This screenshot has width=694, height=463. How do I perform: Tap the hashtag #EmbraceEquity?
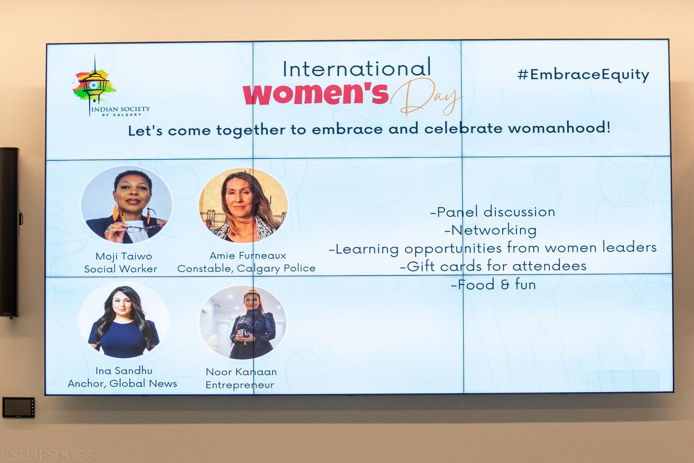point(583,75)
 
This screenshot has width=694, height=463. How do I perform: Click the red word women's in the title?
point(316,94)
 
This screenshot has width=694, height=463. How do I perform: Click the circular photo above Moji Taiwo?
point(126,205)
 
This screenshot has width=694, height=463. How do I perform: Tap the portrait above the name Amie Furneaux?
point(243,205)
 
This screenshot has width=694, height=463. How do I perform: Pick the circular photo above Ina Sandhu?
point(123,319)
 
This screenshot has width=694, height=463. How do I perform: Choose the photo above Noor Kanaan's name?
point(243,322)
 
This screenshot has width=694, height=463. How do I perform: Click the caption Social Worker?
point(121,269)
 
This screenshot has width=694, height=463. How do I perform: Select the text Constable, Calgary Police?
point(246,268)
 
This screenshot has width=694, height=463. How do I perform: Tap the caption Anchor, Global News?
point(122,384)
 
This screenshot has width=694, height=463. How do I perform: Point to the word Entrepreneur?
point(240,385)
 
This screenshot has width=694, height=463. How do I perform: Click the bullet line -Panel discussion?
point(493,212)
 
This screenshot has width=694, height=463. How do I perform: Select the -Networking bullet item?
point(491,230)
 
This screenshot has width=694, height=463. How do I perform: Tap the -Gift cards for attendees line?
point(493,266)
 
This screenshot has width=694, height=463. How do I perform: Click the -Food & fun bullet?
point(493,284)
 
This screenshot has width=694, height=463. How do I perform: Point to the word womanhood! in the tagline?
point(559,128)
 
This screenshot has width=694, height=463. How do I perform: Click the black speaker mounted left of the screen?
point(9,233)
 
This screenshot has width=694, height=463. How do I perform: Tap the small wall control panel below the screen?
point(19,407)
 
